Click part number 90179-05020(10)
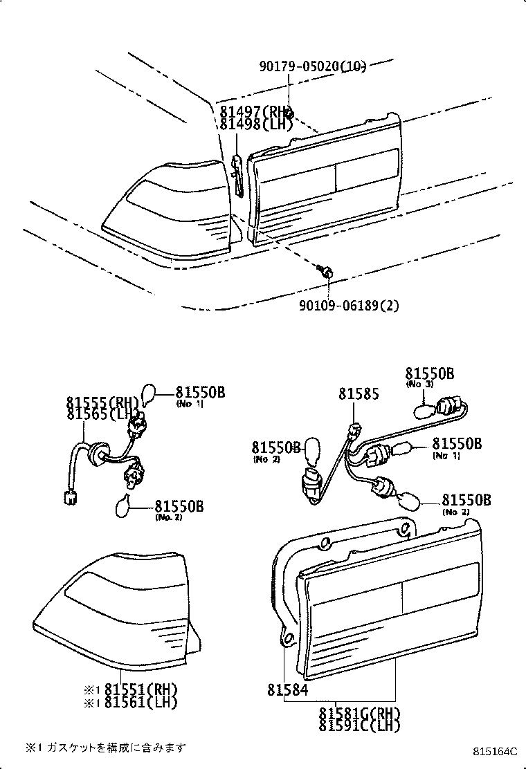click(x=312, y=66)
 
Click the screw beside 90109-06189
click(x=326, y=271)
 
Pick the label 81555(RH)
click(x=103, y=402)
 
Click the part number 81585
click(x=359, y=394)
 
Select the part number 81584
click(x=287, y=690)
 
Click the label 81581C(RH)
click(x=359, y=713)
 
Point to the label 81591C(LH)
click(x=359, y=725)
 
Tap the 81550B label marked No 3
click(x=429, y=374)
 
